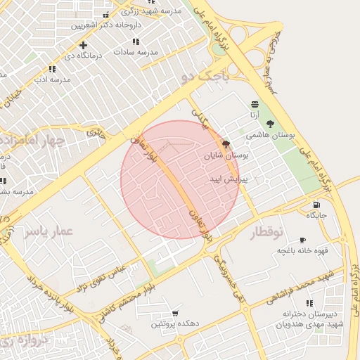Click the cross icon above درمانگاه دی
pyautogui.click(x=83, y=45)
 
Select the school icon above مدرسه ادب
pyautogui.click(x=52, y=69)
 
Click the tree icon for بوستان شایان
pyautogui.click(x=226, y=145)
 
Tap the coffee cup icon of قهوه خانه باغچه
pyautogui.click(x=302, y=240)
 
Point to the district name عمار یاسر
pyautogui.click(x=51, y=231)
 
